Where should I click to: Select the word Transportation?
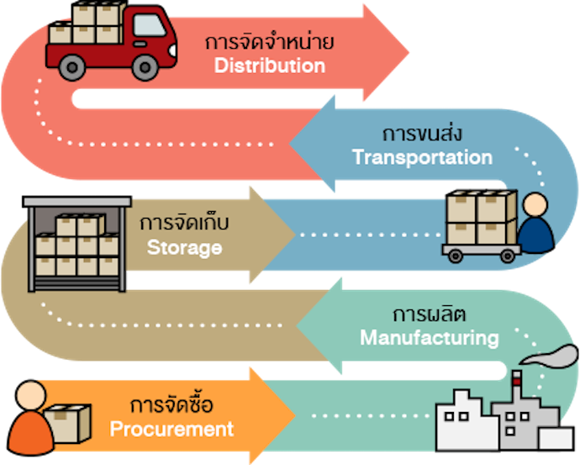tap(422, 157)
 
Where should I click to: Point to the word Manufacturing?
tap(430, 338)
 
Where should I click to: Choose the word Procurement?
tap(171, 429)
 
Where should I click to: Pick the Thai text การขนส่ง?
tap(422, 134)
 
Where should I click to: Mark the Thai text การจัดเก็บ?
tap(184, 225)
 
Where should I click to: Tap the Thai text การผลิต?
tap(430, 314)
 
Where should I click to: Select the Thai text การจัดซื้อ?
tap(171, 405)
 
